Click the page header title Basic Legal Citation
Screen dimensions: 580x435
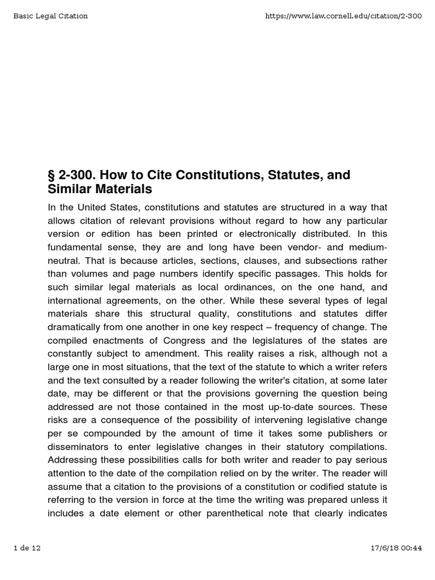(50, 16)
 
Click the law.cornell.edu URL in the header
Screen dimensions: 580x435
(343, 16)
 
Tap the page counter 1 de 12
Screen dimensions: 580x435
(27, 548)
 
